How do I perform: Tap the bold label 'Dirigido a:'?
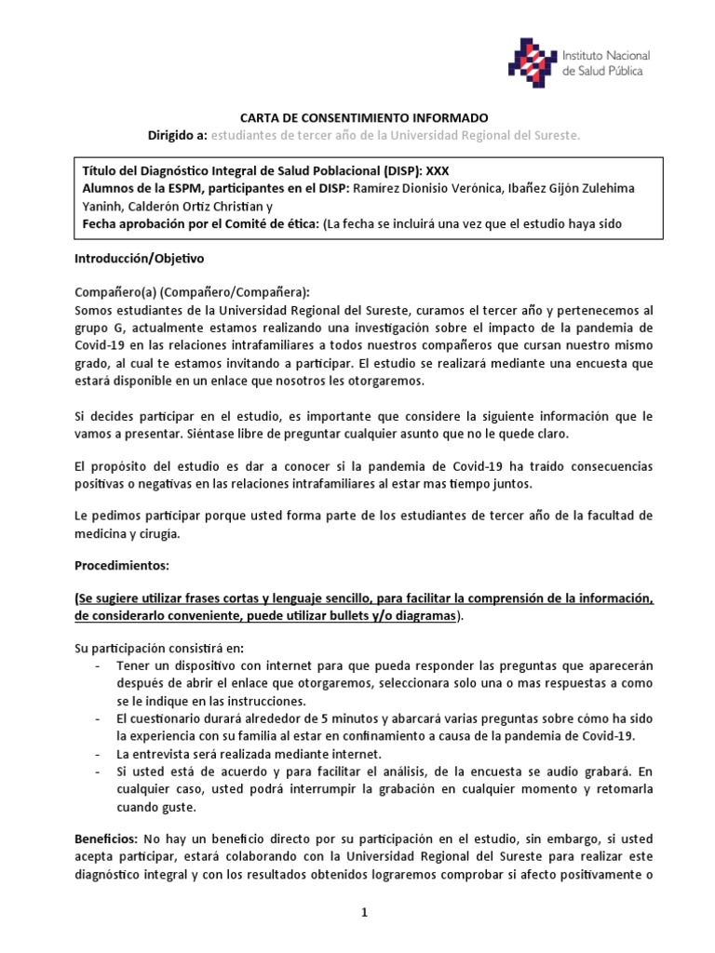(x=178, y=136)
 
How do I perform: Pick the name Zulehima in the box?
(x=606, y=188)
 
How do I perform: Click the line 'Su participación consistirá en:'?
(x=161, y=648)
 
